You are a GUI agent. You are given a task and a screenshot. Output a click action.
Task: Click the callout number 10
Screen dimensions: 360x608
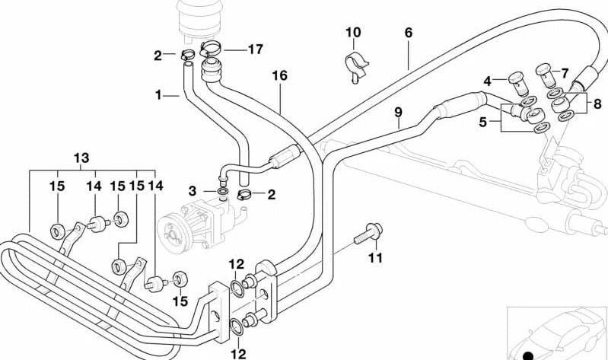(x=353, y=33)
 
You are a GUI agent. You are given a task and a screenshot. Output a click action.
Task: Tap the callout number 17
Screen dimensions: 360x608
(x=254, y=49)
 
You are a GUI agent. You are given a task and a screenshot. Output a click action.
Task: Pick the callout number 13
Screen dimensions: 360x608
(x=81, y=158)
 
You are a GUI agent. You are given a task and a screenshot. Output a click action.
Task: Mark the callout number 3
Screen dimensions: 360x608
(x=193, y=190)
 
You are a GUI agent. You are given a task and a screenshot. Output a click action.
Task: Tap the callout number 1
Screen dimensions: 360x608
(x=159, y=95)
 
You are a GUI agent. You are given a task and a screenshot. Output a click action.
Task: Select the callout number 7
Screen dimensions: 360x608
(x=565, y=72)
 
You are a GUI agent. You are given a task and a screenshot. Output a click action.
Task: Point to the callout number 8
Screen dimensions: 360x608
(x=597, y=104)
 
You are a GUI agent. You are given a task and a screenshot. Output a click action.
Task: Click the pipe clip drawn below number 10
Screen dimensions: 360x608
(x=355, y=64)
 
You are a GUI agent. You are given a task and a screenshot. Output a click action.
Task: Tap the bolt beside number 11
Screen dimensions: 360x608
(x=369, y=231)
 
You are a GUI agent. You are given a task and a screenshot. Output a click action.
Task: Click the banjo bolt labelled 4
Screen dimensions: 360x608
(x=518, y=78)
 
